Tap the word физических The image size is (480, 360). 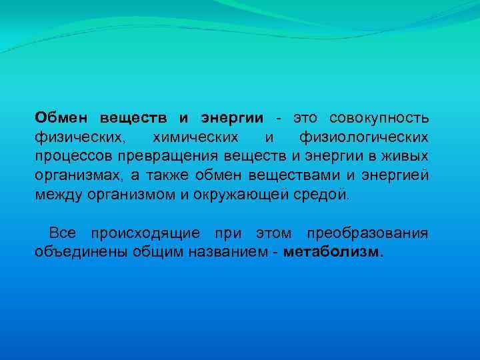pyautogui.click(x=79, y=137)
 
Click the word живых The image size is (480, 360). pyautogui.click(x=408, y=157)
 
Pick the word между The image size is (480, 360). pyautogui.click(x=58, y=195)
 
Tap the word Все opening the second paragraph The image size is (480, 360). pyautogui.click(x=63, y=233)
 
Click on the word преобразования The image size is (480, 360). pyautogui.click(x=367, y=233)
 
